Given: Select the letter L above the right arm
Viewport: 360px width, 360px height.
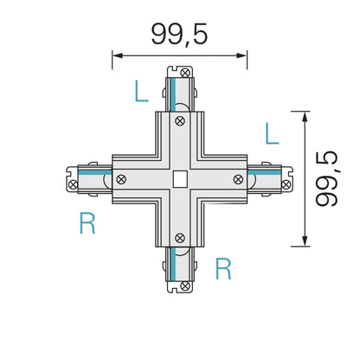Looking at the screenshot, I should pyautogui.click(x=272, y=132).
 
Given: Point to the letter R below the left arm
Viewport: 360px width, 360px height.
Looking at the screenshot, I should pyautogui.click(x=87, y=225).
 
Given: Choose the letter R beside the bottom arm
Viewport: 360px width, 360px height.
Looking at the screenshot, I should pyautogui.click(x=223, y=269).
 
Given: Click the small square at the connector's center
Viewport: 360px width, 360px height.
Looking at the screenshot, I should pyautogui.click(x=179, y=179).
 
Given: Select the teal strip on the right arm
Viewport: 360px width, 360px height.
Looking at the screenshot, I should pyautogui.click(x=268, y=175).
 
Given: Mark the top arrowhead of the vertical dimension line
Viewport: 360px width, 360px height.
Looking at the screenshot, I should pyautogui.click(x=305, y=115).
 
